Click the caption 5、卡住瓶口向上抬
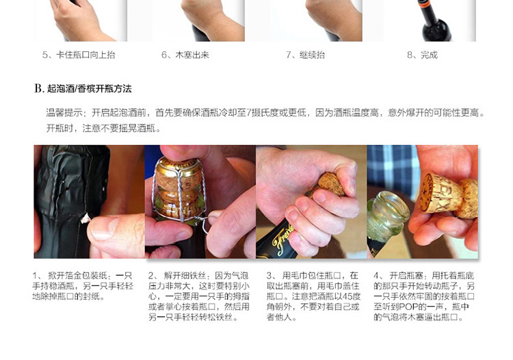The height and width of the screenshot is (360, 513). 79,55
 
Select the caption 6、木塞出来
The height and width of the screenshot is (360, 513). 185,55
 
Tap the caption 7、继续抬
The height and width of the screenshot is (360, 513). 306,55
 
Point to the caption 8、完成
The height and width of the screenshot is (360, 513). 423,55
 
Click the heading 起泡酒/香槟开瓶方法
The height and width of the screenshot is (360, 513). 90,89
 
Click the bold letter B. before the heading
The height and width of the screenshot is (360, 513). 39,88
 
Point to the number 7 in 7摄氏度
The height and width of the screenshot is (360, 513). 249,113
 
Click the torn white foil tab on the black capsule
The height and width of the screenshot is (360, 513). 85,218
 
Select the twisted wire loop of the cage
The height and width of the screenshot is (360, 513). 203,224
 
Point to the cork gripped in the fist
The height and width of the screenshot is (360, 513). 330,184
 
